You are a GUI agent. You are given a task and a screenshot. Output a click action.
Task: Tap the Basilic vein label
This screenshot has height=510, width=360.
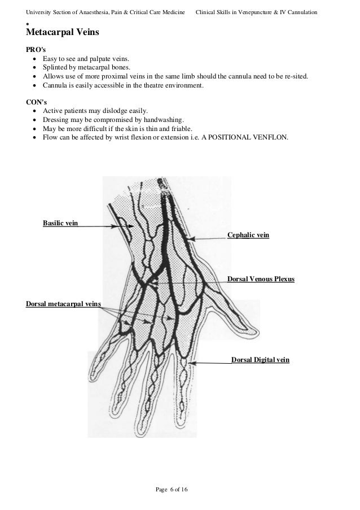(60, 223)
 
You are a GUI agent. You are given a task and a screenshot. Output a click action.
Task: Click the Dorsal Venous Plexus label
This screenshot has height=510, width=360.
(261, 279)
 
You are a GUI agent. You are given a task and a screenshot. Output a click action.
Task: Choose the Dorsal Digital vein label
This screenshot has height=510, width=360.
(261, 359)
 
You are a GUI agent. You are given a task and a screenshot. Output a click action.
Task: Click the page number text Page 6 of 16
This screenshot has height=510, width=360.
(172, 488)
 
